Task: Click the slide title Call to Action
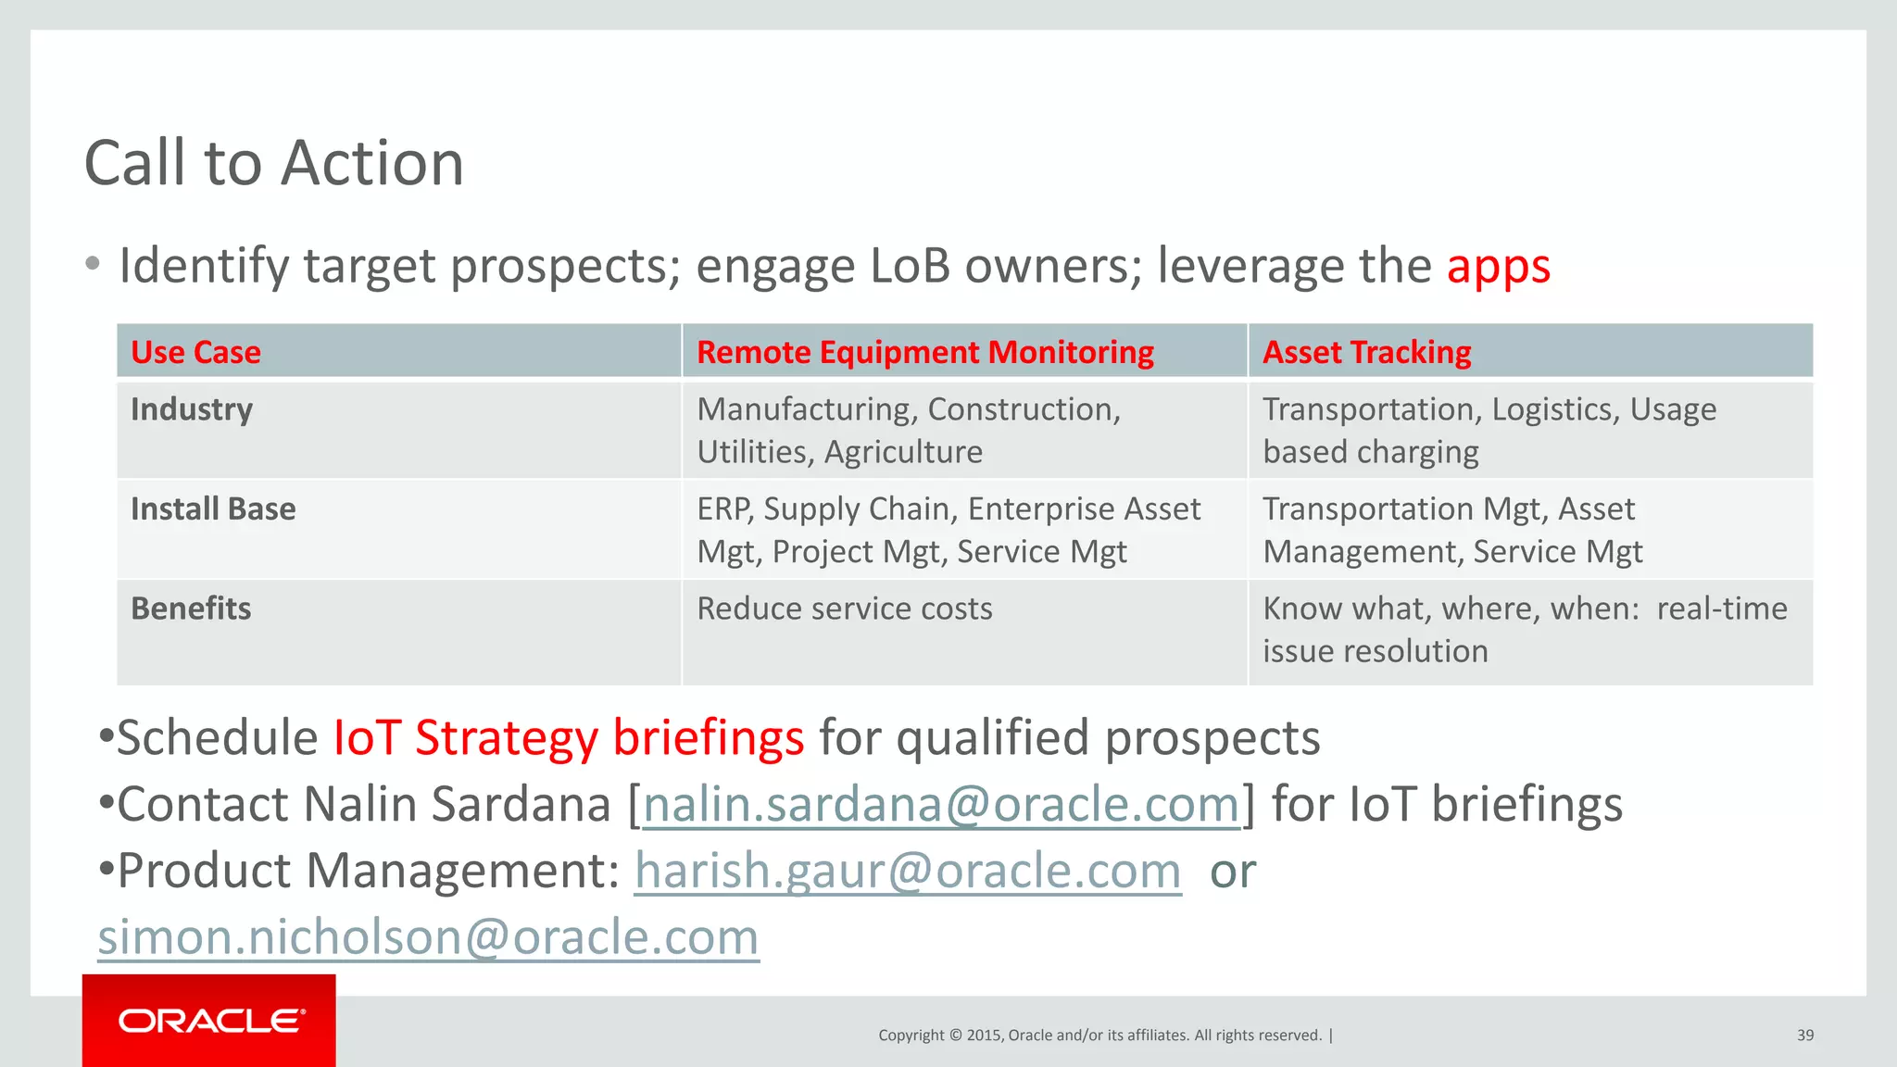274,163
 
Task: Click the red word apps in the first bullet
1498,267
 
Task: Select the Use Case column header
195,352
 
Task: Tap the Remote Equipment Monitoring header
924,352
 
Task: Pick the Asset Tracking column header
1366,352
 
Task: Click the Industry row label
192,409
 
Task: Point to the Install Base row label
213,508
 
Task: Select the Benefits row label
191,609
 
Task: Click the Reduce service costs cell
844,609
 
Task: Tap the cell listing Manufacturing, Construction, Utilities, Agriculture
908,431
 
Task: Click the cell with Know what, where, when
1524,630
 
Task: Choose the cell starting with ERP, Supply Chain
948,530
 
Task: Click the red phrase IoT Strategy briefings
568,738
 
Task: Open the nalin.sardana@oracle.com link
940,804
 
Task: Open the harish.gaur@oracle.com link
908,871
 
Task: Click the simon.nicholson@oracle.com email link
428,937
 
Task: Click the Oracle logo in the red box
210,1021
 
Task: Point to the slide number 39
1804,1036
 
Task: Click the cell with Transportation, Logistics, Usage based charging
1489,431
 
